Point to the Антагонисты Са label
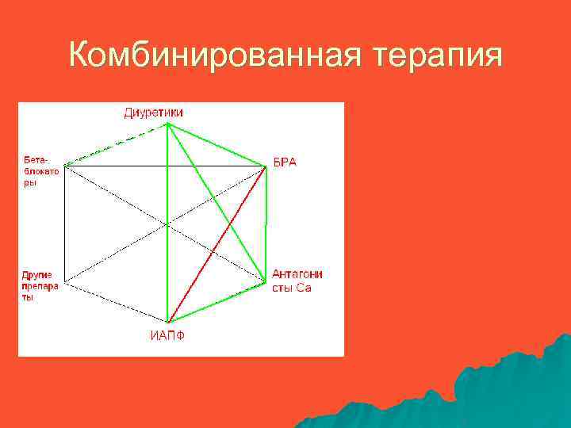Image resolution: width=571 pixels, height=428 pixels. click(297, 281)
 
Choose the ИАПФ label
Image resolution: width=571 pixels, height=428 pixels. click(167, 334)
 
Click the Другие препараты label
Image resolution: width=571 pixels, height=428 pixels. click(39, 285)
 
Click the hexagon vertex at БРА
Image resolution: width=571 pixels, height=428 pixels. click(266, 166)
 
